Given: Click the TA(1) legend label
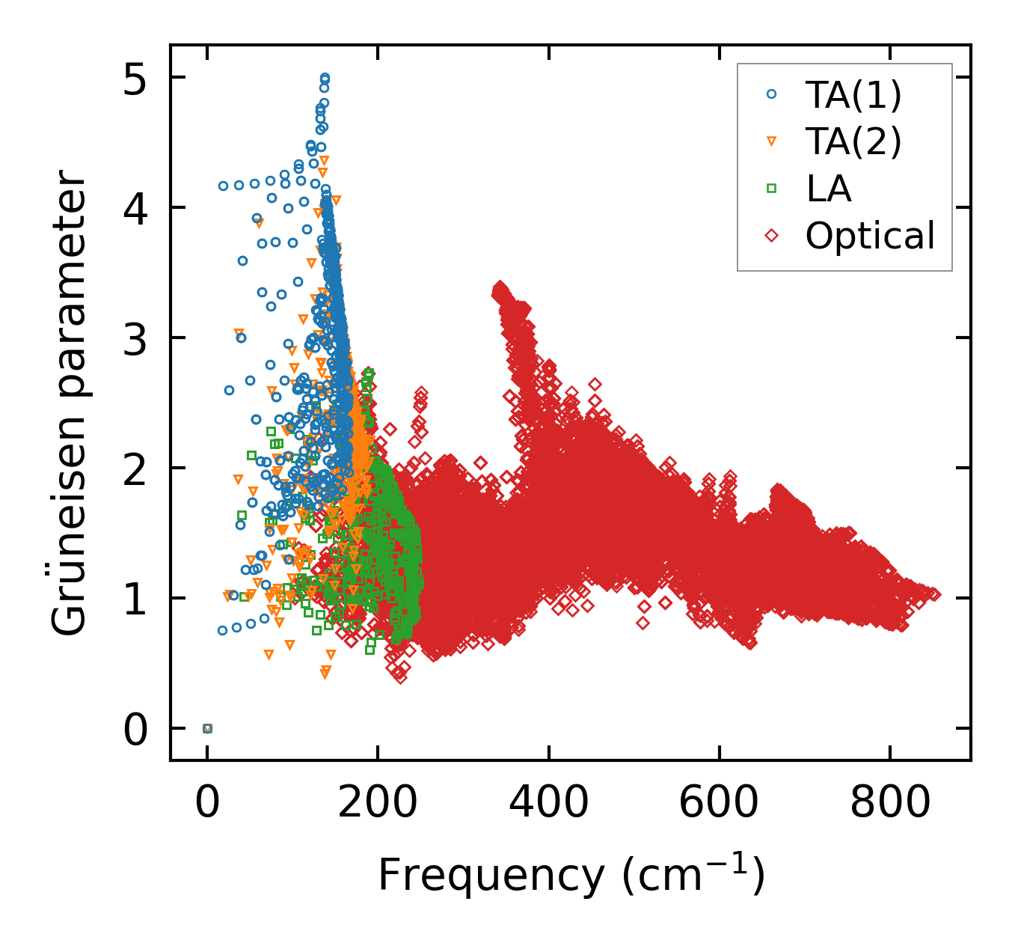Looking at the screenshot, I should click(x=853, y=95).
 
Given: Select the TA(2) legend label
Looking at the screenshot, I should click(x=853, y=141).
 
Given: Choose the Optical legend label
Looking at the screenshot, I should click(x=870, y=236).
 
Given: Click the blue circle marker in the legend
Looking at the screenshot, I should click(x=772, y=94).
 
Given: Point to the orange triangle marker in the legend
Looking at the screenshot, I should click(x=772, y=141).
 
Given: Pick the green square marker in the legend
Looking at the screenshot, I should click(x=772, y=189).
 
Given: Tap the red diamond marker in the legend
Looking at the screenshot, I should click(x=772, y=236).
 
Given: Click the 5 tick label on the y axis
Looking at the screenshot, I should click(x=135, y=78).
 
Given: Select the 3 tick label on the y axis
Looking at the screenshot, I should click(x=135, y=338).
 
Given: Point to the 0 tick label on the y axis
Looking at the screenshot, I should click(x=135, y=729).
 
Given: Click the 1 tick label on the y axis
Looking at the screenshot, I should click(x=135, y=599).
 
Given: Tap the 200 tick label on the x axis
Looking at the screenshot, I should click(x=378, y=804).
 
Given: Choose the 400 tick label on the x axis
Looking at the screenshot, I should click(x=549, y=804).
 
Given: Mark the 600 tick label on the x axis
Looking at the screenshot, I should click(x=720, y=804).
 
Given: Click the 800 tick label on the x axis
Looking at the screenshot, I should click(x=890, y=804).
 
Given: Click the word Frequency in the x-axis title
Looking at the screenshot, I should click(x=490, y=874).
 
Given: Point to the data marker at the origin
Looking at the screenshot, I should click(x=207, y=728).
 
